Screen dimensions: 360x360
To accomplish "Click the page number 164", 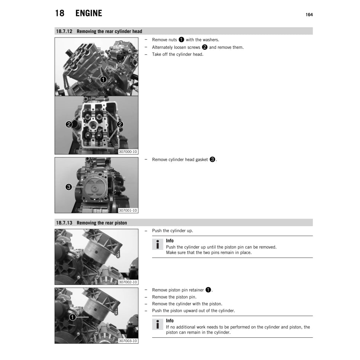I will tap(309, 15).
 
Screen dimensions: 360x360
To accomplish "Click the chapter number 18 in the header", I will tap(60, 13).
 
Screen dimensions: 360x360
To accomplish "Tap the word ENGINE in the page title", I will tap(89, 13).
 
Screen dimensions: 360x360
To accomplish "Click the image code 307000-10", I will tap(128, 152).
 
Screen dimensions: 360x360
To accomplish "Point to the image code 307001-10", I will tap(128, 210).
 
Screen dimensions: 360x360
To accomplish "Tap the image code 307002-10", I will tap(128, 282).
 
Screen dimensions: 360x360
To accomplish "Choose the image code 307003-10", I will tap(128, 341).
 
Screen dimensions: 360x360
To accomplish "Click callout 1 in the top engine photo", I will tap(103, 79).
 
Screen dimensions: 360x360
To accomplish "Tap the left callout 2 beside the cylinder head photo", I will tap(69, 125).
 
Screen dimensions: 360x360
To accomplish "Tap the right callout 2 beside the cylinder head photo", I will tap(120, 125).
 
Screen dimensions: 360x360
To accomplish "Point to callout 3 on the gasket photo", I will tap(69, 187).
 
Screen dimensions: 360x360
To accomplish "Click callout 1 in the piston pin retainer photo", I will tap(73, 317).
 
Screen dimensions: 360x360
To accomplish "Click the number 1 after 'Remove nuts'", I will tap(181, 40).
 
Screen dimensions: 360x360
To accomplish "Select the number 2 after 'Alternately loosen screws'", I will tap(204, 47).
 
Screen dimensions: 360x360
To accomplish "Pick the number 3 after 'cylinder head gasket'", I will tap(212, 160).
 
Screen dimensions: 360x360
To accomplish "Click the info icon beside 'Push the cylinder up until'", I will tap(158, 245).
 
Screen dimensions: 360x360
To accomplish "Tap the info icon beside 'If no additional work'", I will tap(158, 324).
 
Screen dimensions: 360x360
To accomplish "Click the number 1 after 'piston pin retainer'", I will tap(208, 290).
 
